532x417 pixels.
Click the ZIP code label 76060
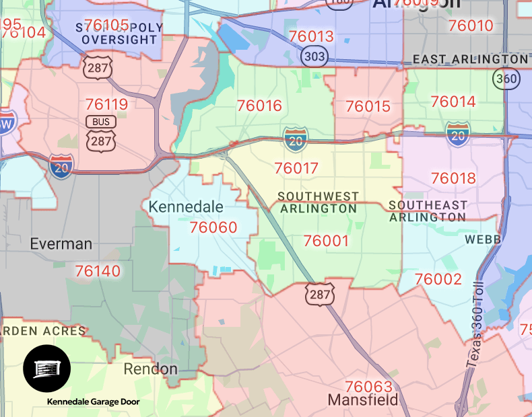[213, 227]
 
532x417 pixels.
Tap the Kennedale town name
[185, 206]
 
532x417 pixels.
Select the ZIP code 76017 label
[296, 168]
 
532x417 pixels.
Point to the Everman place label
[61, 243]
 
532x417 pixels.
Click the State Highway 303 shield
[314, 56]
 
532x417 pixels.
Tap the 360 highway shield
[506, 79]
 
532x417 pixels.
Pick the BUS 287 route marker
[100, 131]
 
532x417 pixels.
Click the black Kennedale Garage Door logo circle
[46, 369]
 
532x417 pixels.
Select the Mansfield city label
[363, 400]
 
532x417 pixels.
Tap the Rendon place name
[151, 369]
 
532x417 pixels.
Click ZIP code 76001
[326, 241]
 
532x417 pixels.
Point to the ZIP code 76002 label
[438, 279]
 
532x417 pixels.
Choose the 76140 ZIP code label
[98, 271]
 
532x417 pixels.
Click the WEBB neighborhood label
[483, 239]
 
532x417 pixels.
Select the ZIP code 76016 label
[259, 106]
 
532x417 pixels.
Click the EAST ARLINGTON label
[471, 59]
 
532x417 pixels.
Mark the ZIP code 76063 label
[368, 387]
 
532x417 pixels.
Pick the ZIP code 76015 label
[368, 106]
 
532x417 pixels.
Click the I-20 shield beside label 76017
[296, 139]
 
